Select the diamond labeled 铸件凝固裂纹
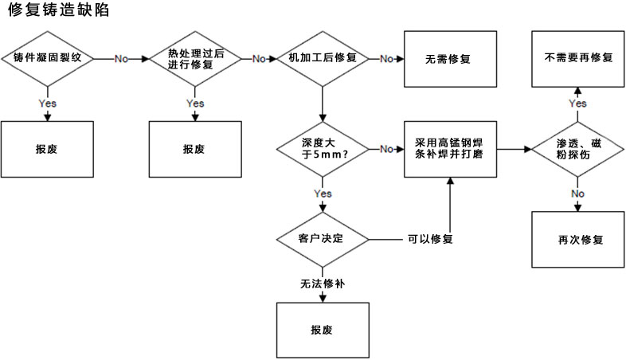coord(48,59)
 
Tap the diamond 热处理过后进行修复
coord(194,59)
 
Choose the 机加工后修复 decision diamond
coord(321,59)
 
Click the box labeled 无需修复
coord(448,59)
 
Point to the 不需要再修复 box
coord(577,59)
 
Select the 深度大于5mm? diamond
coord(321,148)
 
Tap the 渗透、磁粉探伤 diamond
coord(577,148)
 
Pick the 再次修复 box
coord(577,239)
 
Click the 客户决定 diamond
coord(321,239)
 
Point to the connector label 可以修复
coord(430,239)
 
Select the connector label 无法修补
coord(321,283)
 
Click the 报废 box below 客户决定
coord(321,330)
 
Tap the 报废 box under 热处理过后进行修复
coord(194,148)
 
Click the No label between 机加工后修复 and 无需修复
coord(385,59)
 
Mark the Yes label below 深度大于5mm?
coord(323,194)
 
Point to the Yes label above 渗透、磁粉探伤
coord(578,104)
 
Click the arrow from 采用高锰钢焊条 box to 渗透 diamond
coord(514,148)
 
